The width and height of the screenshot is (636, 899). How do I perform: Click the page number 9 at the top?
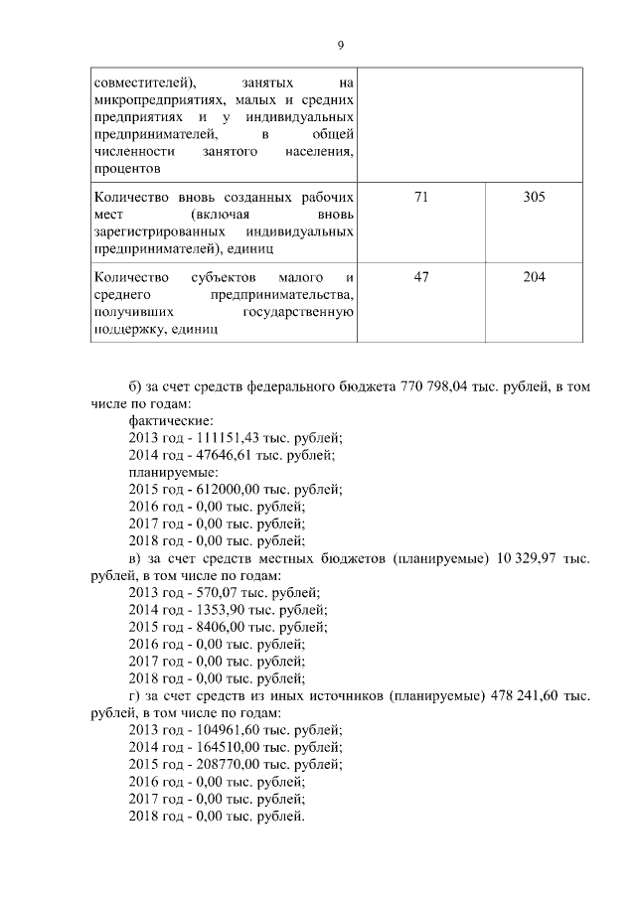click(x=340, y=45)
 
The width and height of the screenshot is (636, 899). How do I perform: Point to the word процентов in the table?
click(x=122, y=169)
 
